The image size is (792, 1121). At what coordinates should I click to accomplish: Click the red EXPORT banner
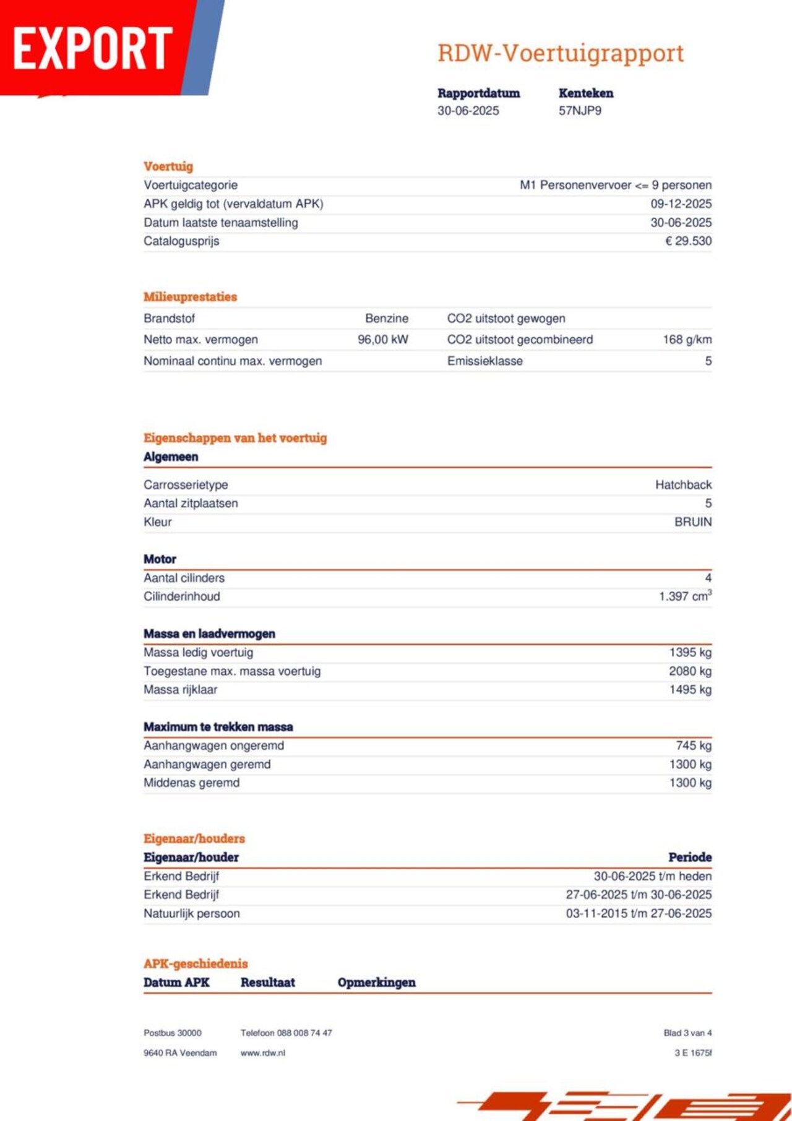click(x=93, y=48)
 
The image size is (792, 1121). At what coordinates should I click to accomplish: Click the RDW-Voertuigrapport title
click(x=561, y=53)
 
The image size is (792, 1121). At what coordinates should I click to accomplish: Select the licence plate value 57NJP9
click(x=580, y=111)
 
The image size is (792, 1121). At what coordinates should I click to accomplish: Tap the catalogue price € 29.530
click(x=688, y=241)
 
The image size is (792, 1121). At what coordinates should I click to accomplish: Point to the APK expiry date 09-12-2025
click(x=681, y=204)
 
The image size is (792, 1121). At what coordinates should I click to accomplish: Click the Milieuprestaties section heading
click(x=190, y=297)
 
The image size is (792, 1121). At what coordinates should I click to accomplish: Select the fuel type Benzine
click(x=387, y=319)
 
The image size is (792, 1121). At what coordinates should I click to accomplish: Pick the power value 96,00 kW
click(x=383, y=340)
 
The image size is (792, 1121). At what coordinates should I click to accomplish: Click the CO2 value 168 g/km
click(x=687, y=340)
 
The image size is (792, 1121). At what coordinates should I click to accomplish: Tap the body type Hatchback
click(x=683, y=485)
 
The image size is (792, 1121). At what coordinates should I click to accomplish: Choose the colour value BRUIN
click(x=692, y=522)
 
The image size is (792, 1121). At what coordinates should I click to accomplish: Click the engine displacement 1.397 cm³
click(x=685, y=596)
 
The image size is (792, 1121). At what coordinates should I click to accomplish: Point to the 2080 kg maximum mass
click(x=690, y=671)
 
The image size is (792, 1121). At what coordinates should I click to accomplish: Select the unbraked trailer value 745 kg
click(x=693, y=745)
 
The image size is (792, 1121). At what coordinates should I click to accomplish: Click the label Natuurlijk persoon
click(x=192, y=913)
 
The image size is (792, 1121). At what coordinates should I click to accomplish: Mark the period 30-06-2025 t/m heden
click(x=652, y=876)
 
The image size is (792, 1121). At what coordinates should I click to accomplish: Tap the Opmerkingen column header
click(x=376, y=982)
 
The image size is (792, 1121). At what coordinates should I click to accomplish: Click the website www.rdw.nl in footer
click(x=263, y=1053)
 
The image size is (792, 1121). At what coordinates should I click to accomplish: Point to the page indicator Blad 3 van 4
click(x=687, y=1033)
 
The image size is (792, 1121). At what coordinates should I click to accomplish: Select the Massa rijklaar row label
click(x=181, y=690)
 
